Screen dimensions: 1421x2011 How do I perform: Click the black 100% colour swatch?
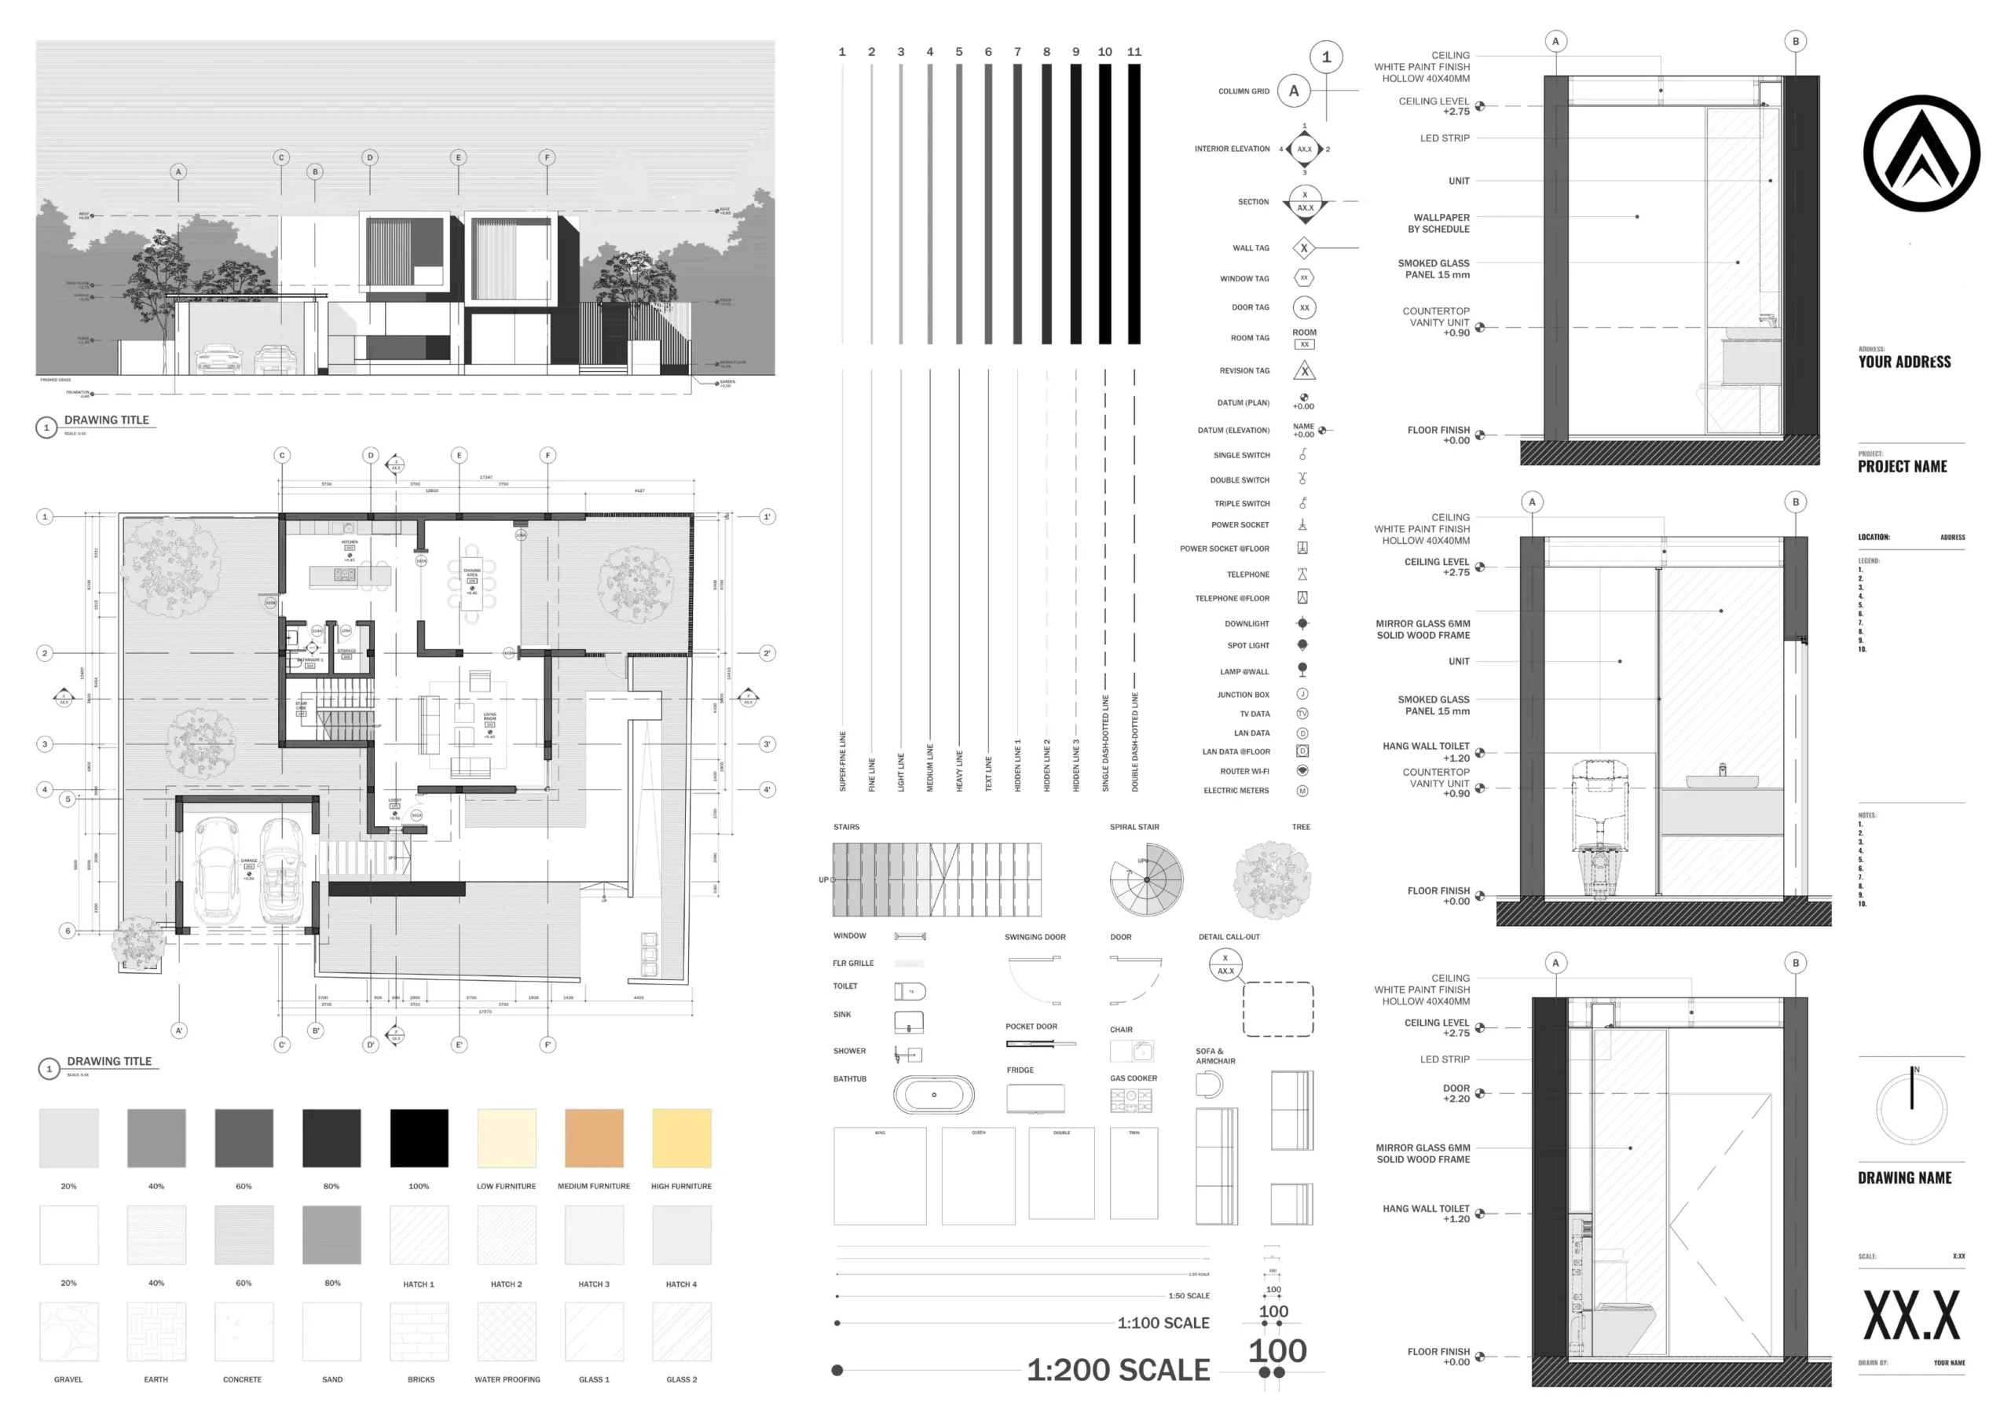[x=419, y=1137]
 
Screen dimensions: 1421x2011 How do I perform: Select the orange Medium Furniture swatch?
[x=594, y=1137]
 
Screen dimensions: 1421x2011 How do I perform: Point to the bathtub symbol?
[x=934, y=1094]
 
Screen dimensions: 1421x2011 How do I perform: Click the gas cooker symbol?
[x=1130, y=1100]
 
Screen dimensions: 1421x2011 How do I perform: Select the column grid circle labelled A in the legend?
[x=1294, y=91]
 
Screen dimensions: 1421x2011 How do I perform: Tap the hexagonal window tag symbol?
[x=1303, y=277]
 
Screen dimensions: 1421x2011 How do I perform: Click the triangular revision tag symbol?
[x=1304, y=371]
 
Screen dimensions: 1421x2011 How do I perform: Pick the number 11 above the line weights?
[x=1134, y=52]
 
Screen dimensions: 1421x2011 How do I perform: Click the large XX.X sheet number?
[x=1911, y=1316]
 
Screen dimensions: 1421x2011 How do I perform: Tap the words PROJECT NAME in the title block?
[x=1903, y=467]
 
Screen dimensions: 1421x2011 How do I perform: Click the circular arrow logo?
[x=1921, y=153]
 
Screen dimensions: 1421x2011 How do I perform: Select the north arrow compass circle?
[x=1912, y=1108]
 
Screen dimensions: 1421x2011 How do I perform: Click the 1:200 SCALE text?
[x=1118, y=1369]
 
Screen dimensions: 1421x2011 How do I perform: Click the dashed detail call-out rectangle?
[x=1278, y=1009]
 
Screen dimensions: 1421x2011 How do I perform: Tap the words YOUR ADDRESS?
[x=1904, y=362]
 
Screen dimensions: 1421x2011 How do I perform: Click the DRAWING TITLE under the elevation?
[x=107, y=420]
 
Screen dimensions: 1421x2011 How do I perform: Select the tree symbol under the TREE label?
[x=1272, y=879]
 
